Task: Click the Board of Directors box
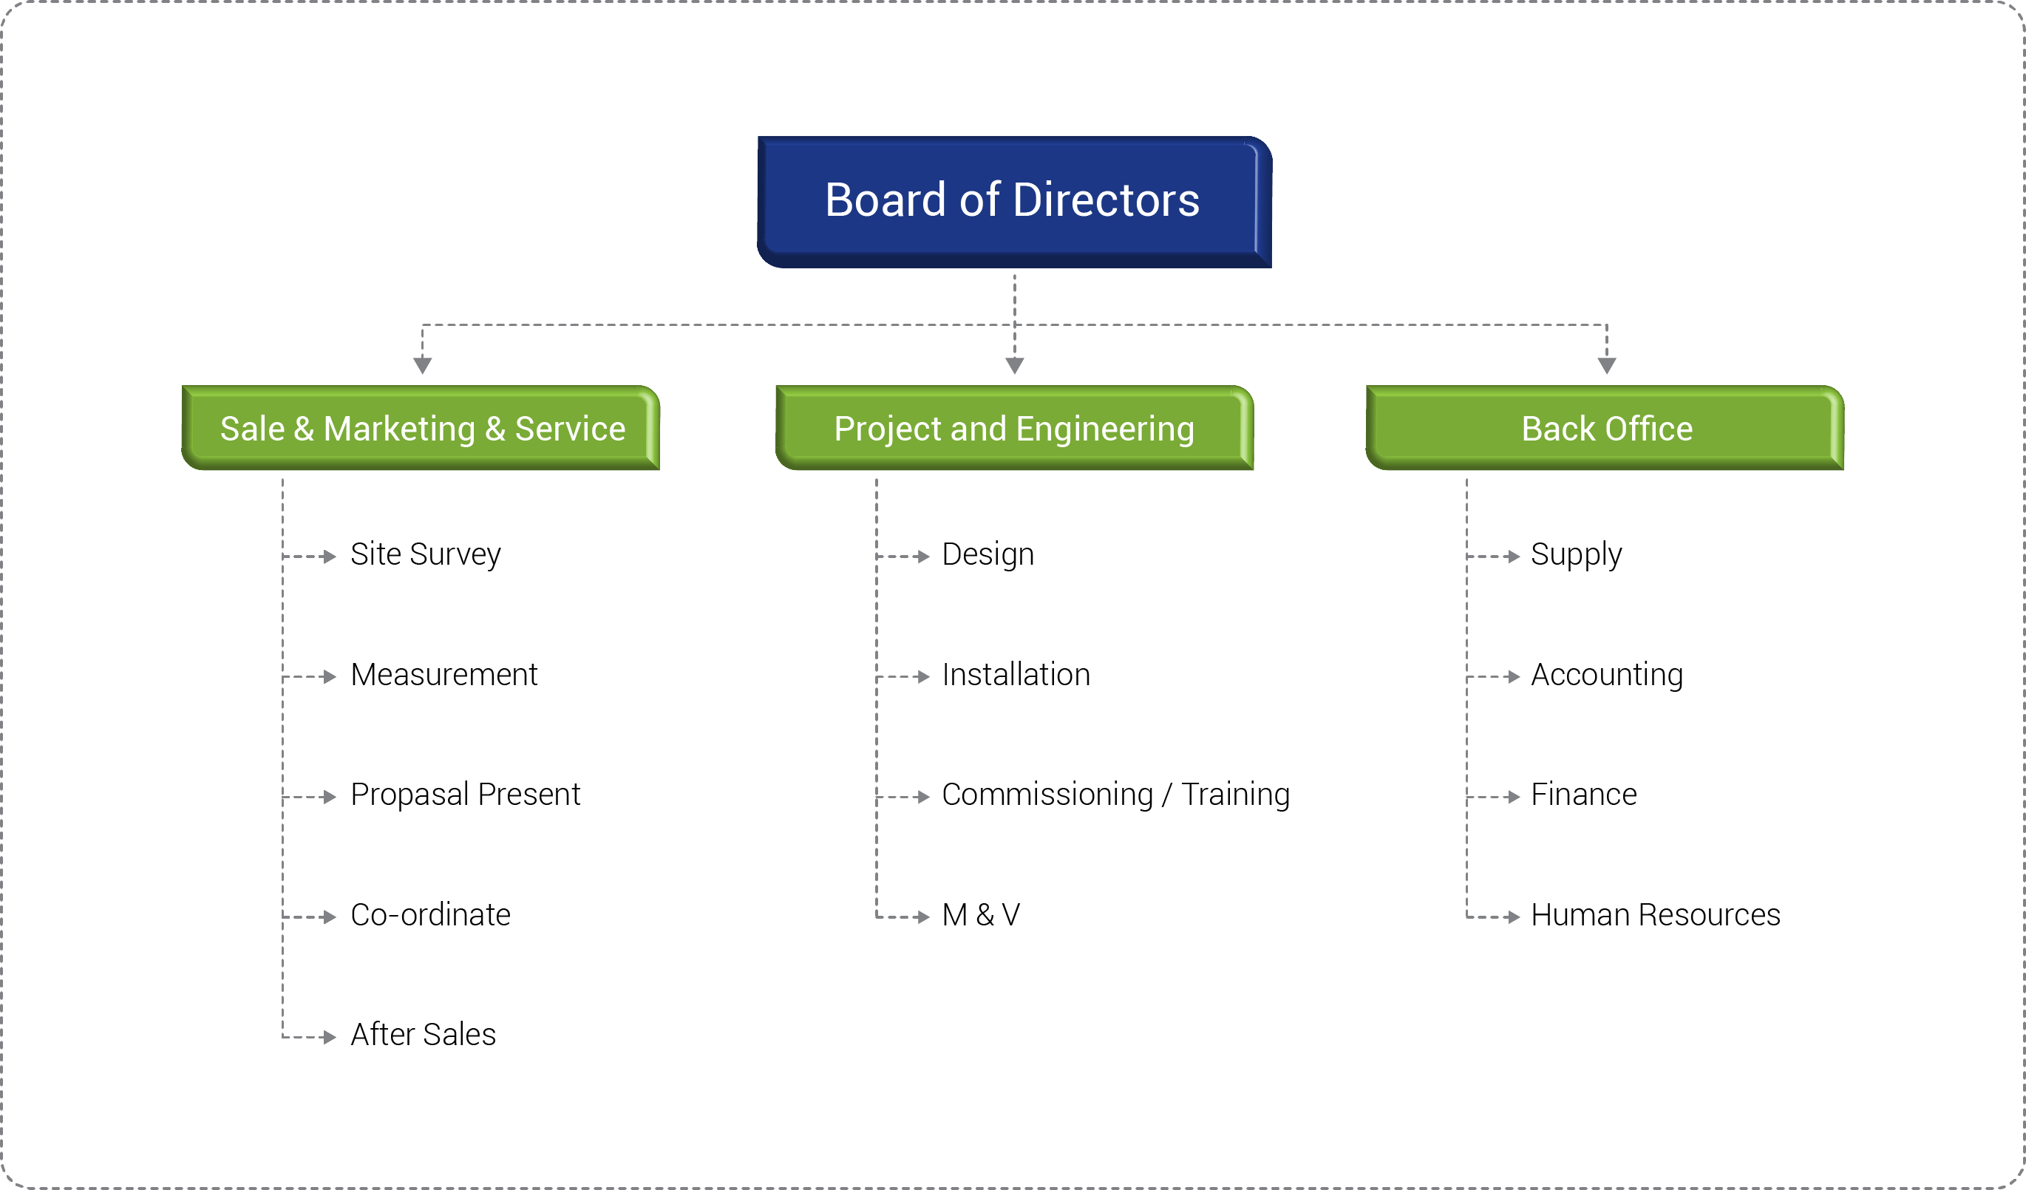(x=1014, y=202)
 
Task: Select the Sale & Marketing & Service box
(x=421, y=428)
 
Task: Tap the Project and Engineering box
(x=1015, y=428)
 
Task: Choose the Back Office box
(x=1605, y=428)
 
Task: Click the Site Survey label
(x=425, y=555)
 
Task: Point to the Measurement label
(x=443, y=675)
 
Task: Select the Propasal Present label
(x=465, y=795)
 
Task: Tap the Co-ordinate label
(x=430, y=915)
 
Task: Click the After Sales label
(x=423, y=1035)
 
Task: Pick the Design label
(x=987, y=555)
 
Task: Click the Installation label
(x=1016, y=675)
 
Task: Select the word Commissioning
(x=1047, y=795)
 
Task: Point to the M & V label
(x=981, y=915)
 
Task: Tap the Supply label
(x=1576, y=555)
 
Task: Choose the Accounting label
(x=1606, y=676)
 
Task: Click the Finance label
(x=1584, y=795)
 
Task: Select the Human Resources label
(x=1656, y=915)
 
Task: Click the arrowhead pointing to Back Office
(x=1606, y=366)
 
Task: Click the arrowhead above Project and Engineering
(x=1015, y=366)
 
